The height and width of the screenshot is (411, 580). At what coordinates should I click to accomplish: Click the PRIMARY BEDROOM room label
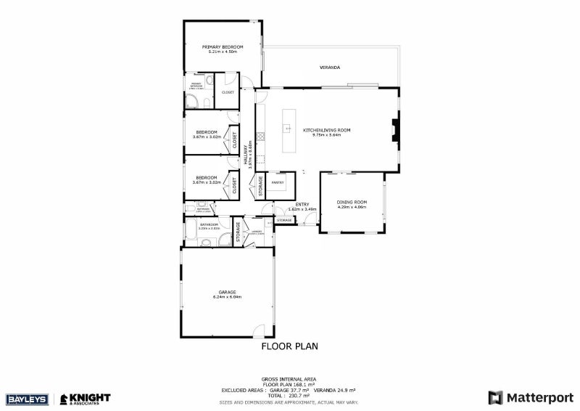coord(222,46)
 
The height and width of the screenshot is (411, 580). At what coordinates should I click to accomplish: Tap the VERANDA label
coord(330,68)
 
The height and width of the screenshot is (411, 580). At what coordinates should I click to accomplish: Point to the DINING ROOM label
coord(352,202)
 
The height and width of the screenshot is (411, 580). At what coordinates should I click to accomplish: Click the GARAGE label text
coord(227,292)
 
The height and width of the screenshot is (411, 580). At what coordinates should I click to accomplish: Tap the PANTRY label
coord(278,183)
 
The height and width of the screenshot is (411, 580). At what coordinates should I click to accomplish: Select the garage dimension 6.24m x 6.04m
coord(227,297)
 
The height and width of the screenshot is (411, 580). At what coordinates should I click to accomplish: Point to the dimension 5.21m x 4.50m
coord(222,52)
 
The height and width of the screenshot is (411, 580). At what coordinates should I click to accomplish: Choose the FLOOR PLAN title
coord(289,346)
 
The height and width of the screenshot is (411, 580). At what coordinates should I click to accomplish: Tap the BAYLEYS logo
coord(26,399)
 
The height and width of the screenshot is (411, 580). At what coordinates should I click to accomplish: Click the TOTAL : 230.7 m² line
coord(289,395)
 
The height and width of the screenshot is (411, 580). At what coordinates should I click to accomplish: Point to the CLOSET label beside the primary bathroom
coord(228,93)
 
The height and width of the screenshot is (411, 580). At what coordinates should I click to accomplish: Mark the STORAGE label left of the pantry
coord(261,187)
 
